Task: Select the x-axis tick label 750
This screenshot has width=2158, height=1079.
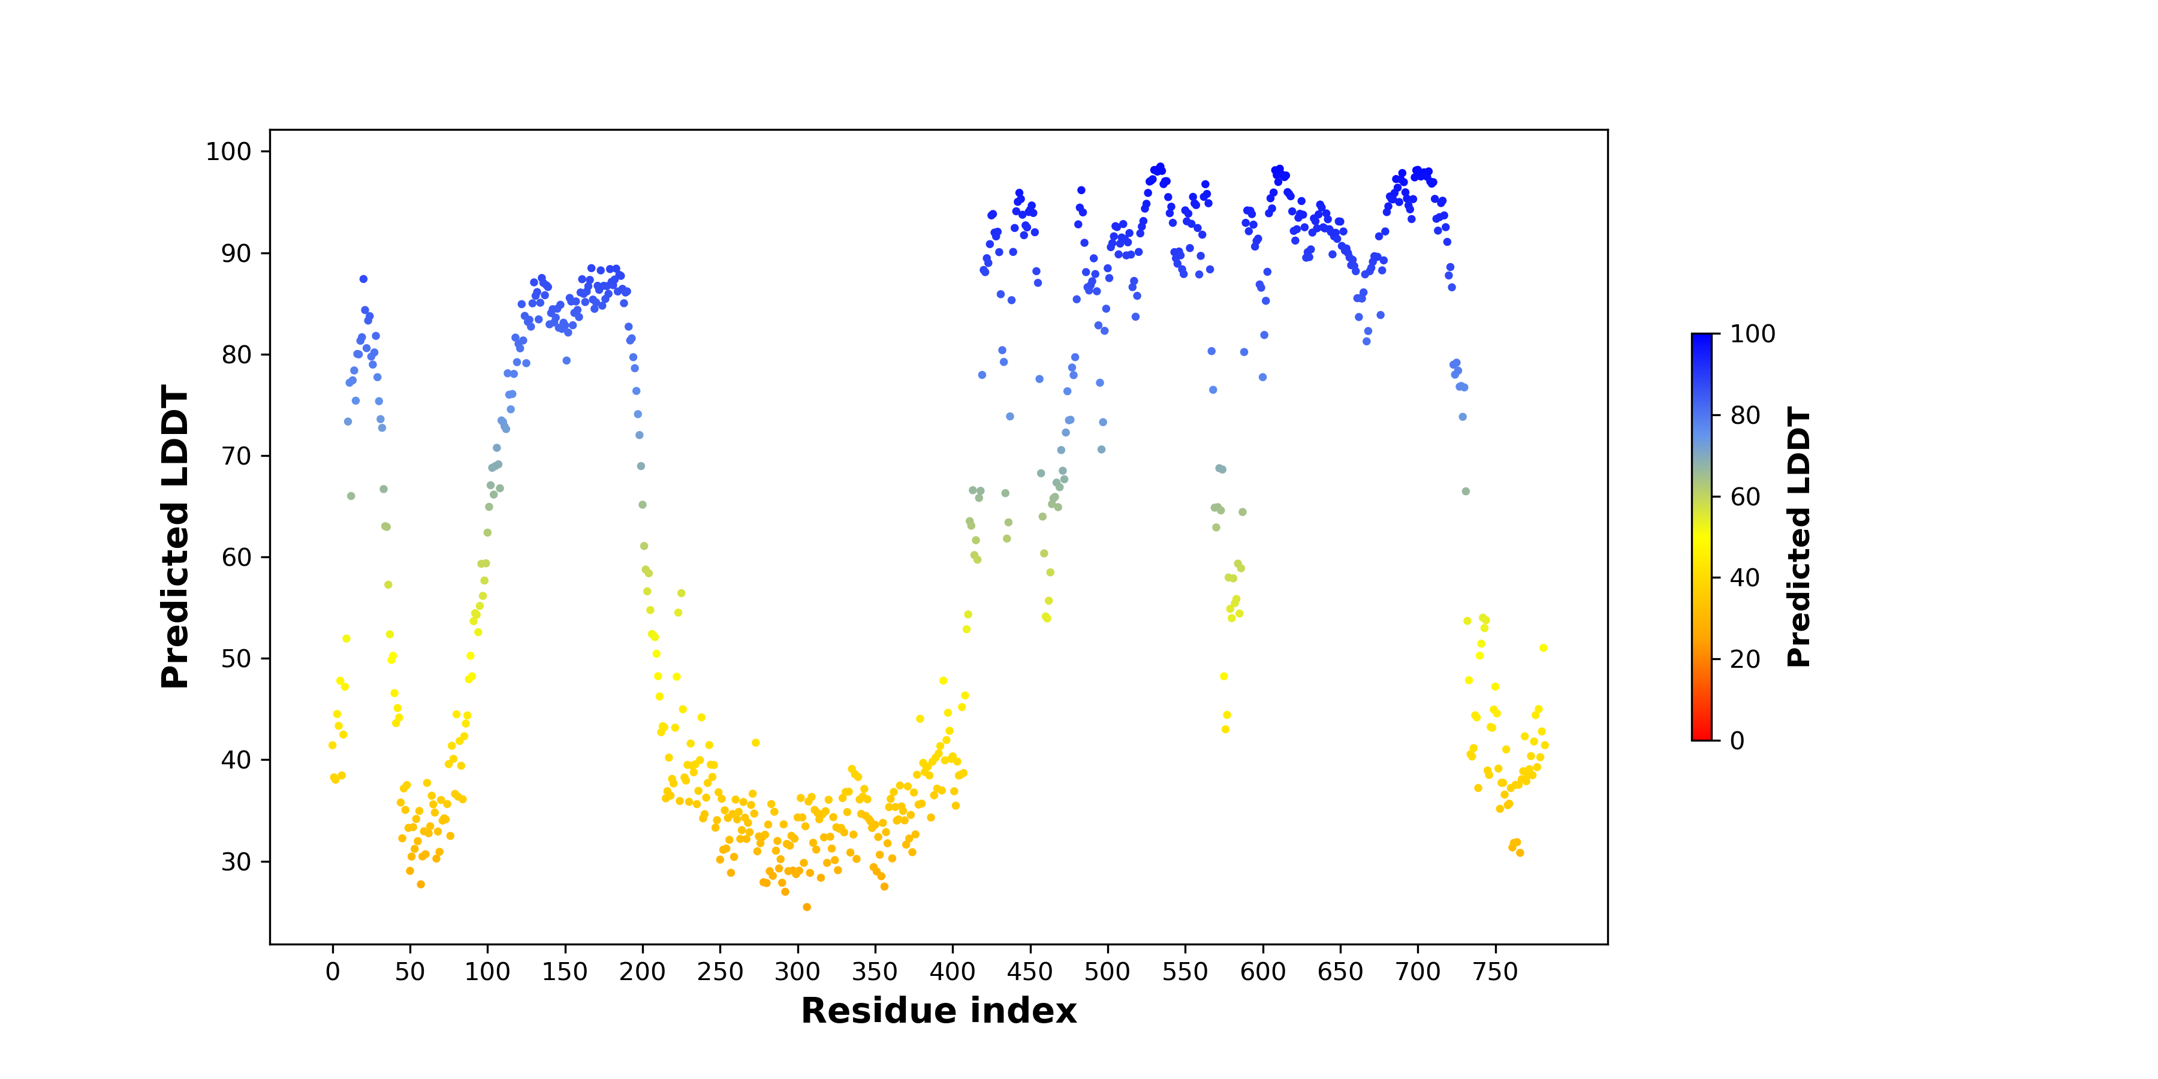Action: click(x=1496, y=972)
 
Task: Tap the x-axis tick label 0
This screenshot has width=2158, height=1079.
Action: click(x=333, y=972)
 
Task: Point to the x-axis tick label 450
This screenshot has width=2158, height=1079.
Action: click(x=1030, y=972)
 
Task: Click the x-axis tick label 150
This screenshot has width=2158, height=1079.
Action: click(x=565, y=972)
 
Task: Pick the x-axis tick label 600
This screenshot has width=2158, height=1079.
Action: click(x=1262, y=972)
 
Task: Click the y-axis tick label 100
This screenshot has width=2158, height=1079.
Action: click(x=229, y=152)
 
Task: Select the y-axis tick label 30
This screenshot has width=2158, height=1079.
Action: click(x=236, y=861)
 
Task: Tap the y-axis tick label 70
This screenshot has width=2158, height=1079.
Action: click(x=236, y=456)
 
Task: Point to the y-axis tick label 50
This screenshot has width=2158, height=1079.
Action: click(x=236, y=658)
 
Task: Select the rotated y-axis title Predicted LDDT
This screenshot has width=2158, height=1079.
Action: click(x=175, y=537)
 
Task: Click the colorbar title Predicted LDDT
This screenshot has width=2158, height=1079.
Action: click(x=1798, y=537)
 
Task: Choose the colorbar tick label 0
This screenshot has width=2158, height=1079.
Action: click(x=1737, y=740)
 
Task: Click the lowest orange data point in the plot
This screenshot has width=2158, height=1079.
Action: click(x=807, y=908)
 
